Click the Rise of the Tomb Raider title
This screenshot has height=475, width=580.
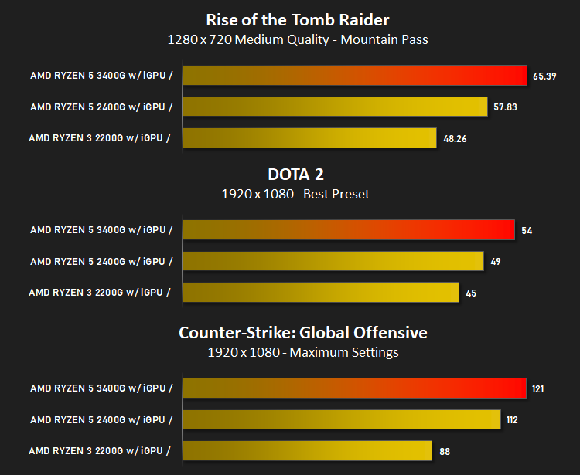298,20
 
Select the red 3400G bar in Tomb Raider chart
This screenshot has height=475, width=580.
355,76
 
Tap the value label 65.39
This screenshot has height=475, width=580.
544,76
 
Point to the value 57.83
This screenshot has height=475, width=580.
505,107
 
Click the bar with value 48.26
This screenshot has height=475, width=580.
309,138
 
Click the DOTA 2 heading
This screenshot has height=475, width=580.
295,175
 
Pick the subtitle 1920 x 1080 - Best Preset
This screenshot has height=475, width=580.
295,194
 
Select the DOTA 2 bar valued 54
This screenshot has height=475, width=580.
349,229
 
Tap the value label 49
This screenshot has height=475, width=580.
496,262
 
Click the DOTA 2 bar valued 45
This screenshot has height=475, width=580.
321,293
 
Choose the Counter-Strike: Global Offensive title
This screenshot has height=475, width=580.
303,333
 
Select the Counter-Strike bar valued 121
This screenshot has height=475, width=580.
354,388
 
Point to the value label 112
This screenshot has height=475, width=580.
512,420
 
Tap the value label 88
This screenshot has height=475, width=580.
445,451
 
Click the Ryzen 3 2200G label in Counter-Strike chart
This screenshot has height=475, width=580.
100,451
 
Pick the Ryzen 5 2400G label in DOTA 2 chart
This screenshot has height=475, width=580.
101,262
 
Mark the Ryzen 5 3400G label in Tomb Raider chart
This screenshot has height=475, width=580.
101,76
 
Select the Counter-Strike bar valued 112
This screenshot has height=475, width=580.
341,419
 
